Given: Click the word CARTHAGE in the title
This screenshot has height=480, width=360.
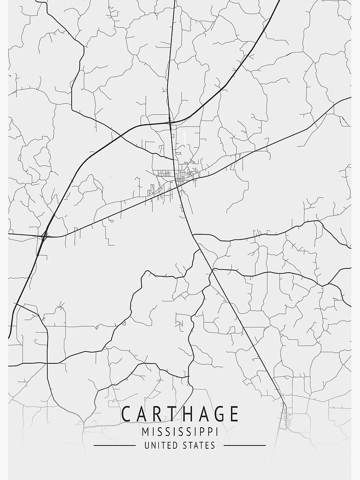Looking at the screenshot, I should click(180, 414).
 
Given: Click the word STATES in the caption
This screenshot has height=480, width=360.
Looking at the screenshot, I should click(198, 445).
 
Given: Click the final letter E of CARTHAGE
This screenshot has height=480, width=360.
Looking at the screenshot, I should click(233, 414).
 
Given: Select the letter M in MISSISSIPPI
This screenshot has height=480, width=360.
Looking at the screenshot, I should click(145, 431).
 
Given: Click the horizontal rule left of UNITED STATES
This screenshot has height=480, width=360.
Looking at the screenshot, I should click(114, 445).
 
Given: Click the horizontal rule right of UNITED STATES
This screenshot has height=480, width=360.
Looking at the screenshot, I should click(245, 445).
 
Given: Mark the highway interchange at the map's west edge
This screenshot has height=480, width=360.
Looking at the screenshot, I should click(44, 236).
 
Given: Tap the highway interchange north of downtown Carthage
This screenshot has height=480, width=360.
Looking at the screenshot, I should click(170, 123).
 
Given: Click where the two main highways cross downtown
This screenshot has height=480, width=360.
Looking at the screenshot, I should click(178, 185).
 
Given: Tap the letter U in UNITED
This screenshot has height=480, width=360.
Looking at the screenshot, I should click(146, 445).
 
